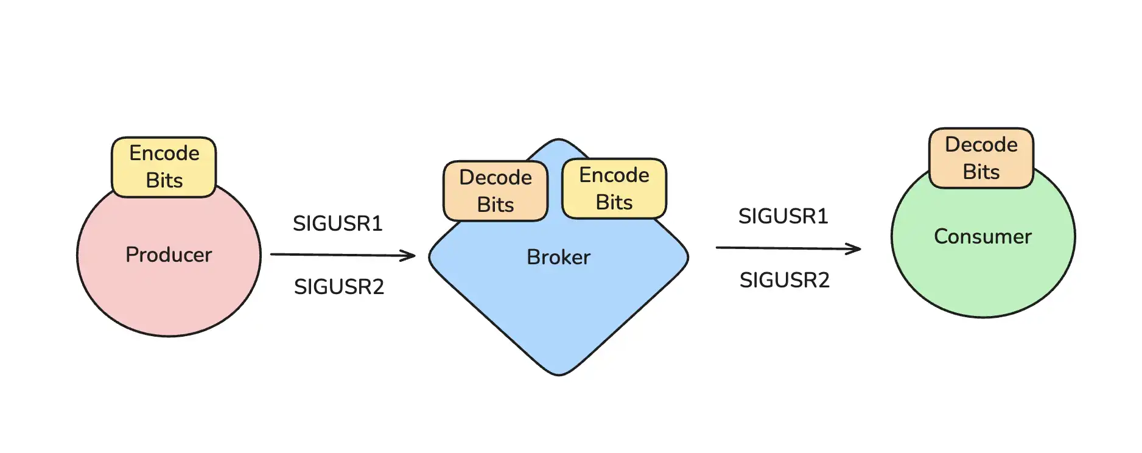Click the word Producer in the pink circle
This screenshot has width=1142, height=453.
(x=169, y=255)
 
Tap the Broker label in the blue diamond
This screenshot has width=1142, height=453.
(x=558, y=257)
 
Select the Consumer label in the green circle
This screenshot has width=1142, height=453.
(x=983, y=236)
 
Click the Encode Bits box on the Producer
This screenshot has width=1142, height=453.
(x=164, y=167)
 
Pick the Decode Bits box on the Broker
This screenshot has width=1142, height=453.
(x=496, y=191)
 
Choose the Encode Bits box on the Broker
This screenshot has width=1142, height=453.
(x=614, y=188)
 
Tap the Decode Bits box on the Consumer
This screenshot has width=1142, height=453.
(x=981, y=158)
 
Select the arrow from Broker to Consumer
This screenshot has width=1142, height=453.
(x=788, y=248)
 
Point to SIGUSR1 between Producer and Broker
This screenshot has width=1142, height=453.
(x=338, y=223)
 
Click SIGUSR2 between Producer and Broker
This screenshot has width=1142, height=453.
(x=339, y=287)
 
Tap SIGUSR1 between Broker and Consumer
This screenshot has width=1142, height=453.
(x=783, y=216)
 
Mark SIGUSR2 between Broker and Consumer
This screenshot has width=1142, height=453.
(x=785, y=280)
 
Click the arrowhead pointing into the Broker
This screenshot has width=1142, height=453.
(x=409, y=256)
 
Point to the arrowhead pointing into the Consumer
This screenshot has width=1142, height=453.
(x=855, y=248)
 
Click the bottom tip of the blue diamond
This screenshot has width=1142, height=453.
(x=559, y=373)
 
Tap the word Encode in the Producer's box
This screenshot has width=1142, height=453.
(x=164, y=153)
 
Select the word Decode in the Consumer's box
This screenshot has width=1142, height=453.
(x=981, y=145)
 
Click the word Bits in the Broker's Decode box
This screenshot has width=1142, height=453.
(x=496, y=205)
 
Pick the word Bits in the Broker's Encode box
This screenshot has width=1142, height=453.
(x=614, y=202)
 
